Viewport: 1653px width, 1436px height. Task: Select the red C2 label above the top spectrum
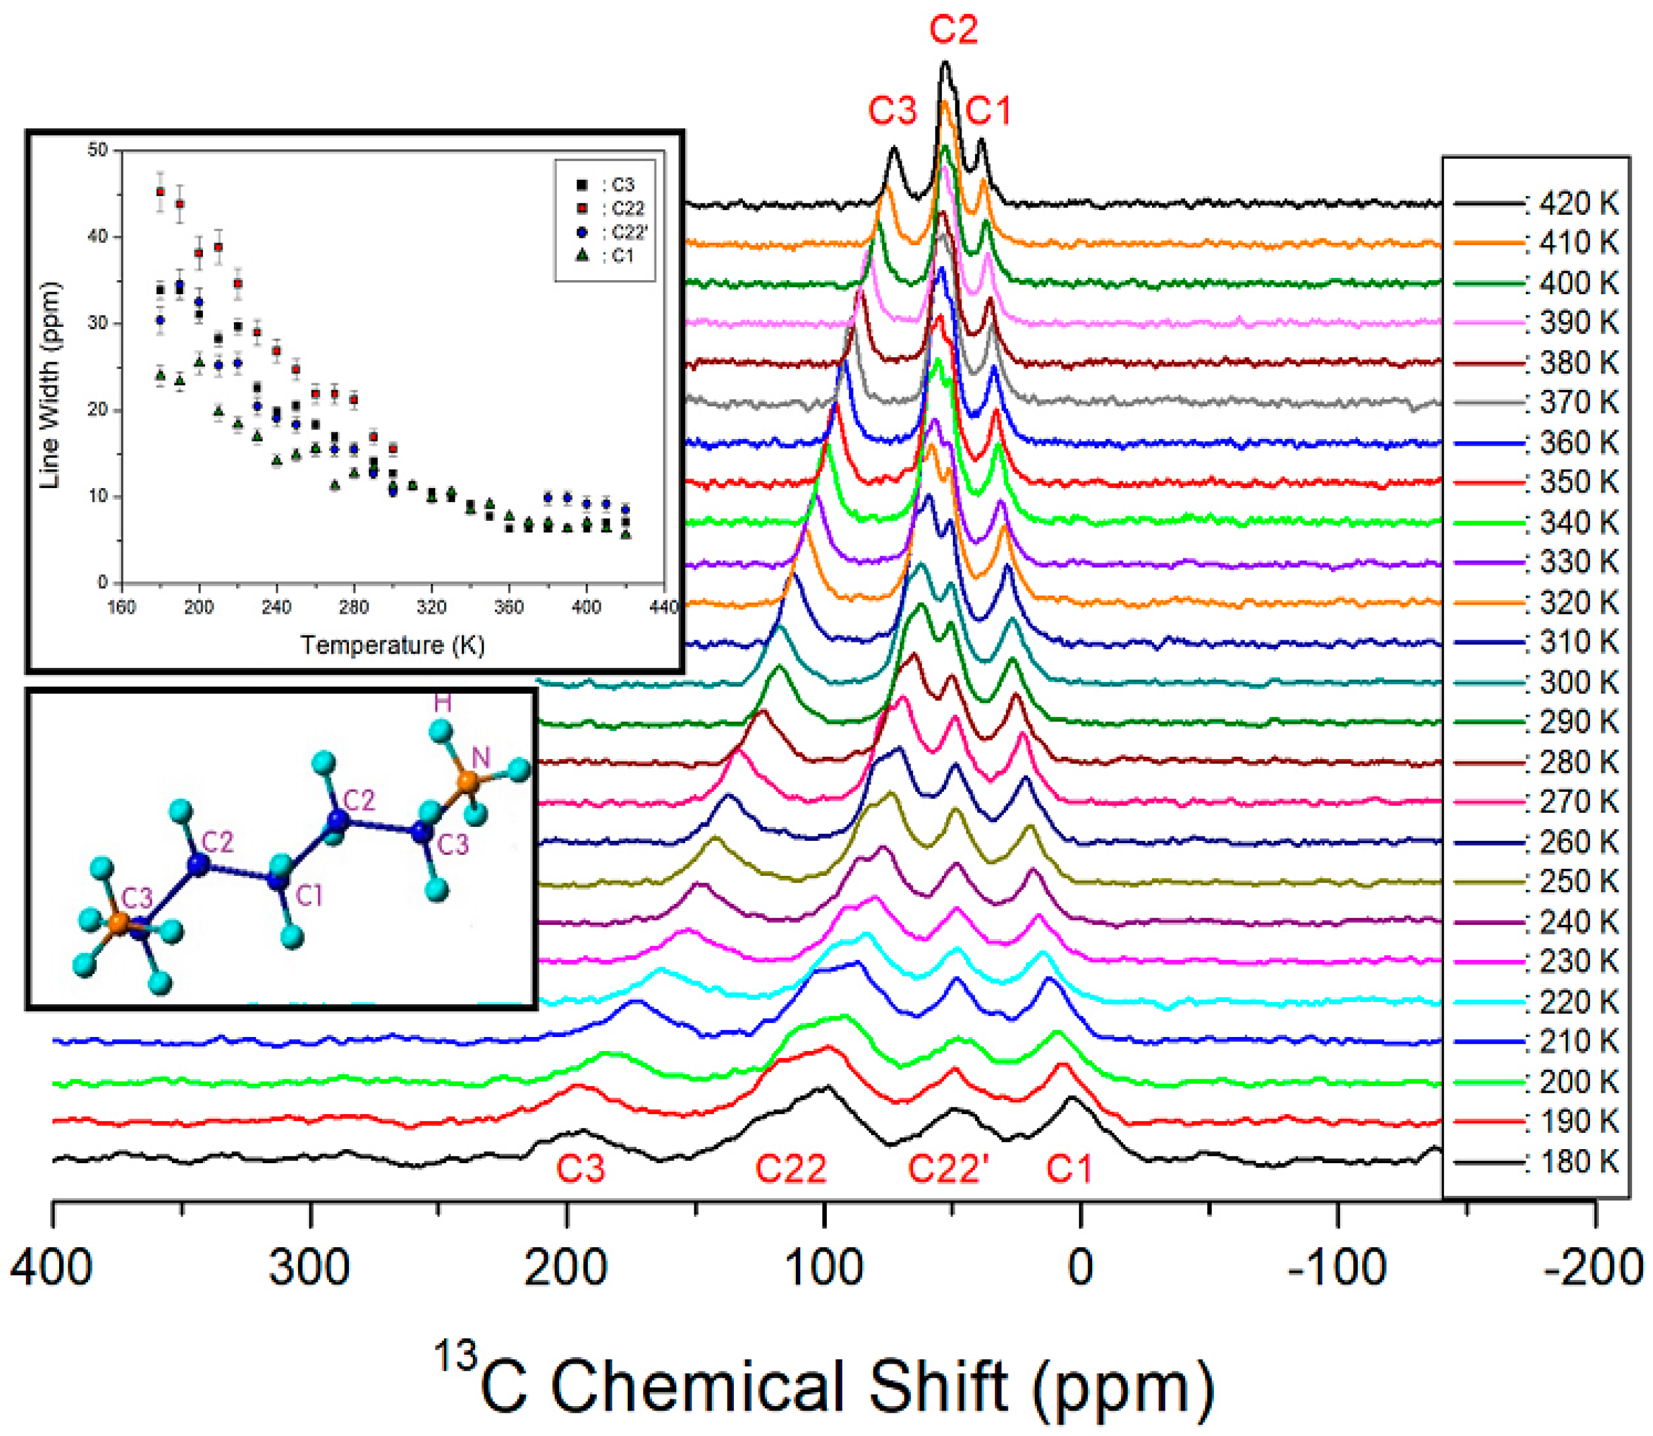coord(954,30)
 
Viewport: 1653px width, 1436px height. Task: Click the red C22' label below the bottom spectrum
coord(948,1169)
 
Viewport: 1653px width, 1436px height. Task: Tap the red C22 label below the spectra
coord(790,1169)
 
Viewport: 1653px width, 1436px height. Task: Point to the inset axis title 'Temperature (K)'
coord(393,645)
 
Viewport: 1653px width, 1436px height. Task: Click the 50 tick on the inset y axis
coord(98,150)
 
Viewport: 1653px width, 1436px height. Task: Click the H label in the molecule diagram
coord(442,703)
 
